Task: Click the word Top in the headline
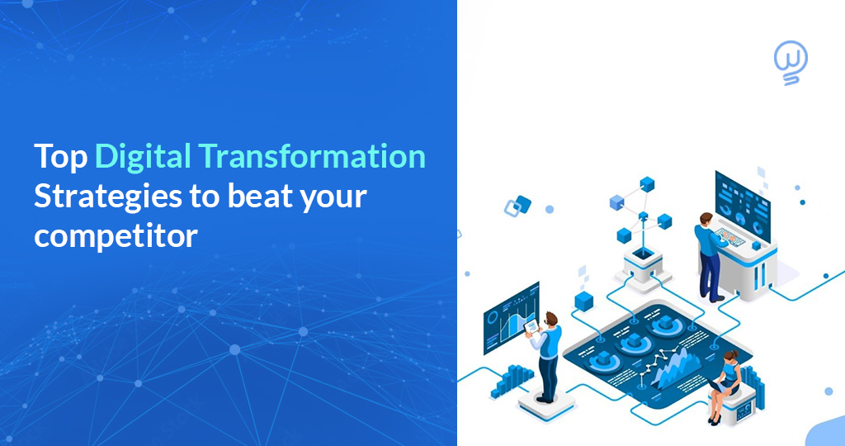click(59, 157)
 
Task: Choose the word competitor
click(116, 236)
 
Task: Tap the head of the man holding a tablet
click(551, 319)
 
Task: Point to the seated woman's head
click(730, 358)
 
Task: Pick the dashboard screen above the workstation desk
click(742, 197)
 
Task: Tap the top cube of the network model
click(646, 184)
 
